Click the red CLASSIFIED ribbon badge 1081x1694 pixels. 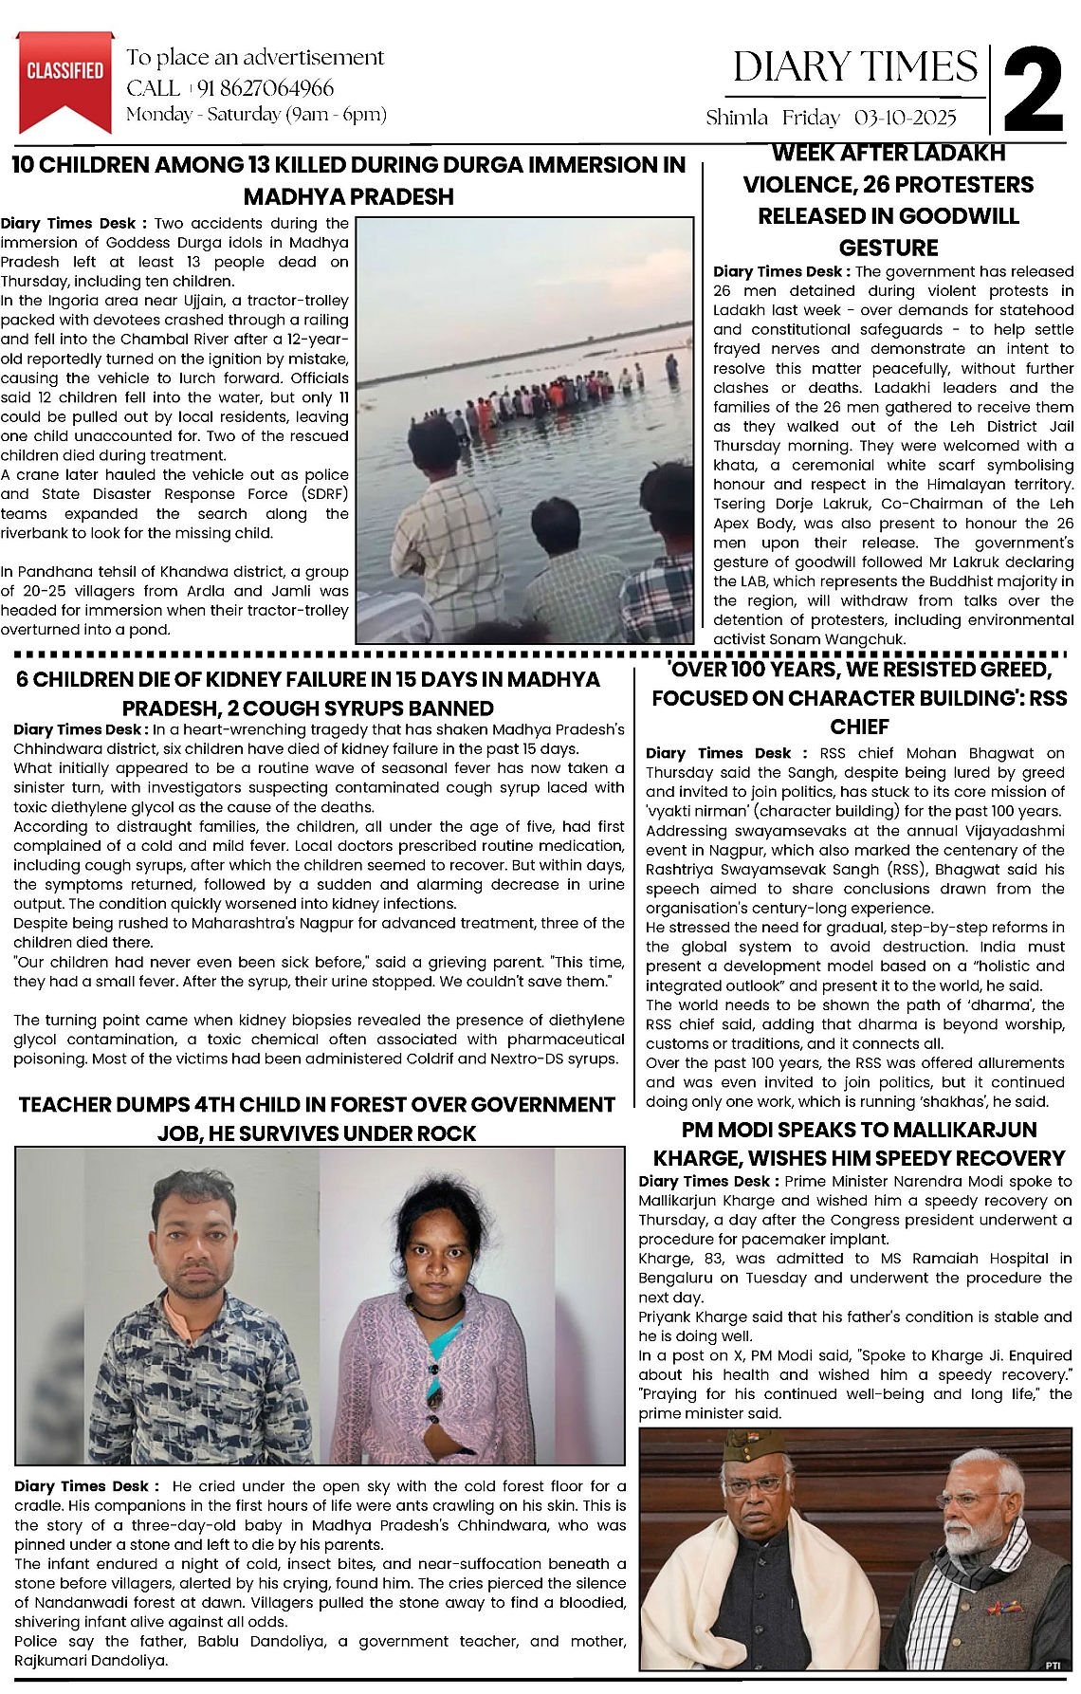tap(64, 77)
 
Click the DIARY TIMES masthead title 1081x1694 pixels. tap(854, 67)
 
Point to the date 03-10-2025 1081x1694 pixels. tap(905, 119)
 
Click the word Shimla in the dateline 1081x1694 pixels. tap(737, 119)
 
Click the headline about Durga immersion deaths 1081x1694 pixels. tap(348, 180)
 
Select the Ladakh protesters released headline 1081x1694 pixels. tap(888, 200)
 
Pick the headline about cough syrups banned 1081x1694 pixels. tap(308, 693)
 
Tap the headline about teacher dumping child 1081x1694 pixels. tap(317, 1118)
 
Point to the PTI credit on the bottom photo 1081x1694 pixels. tap(1052, 1665)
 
